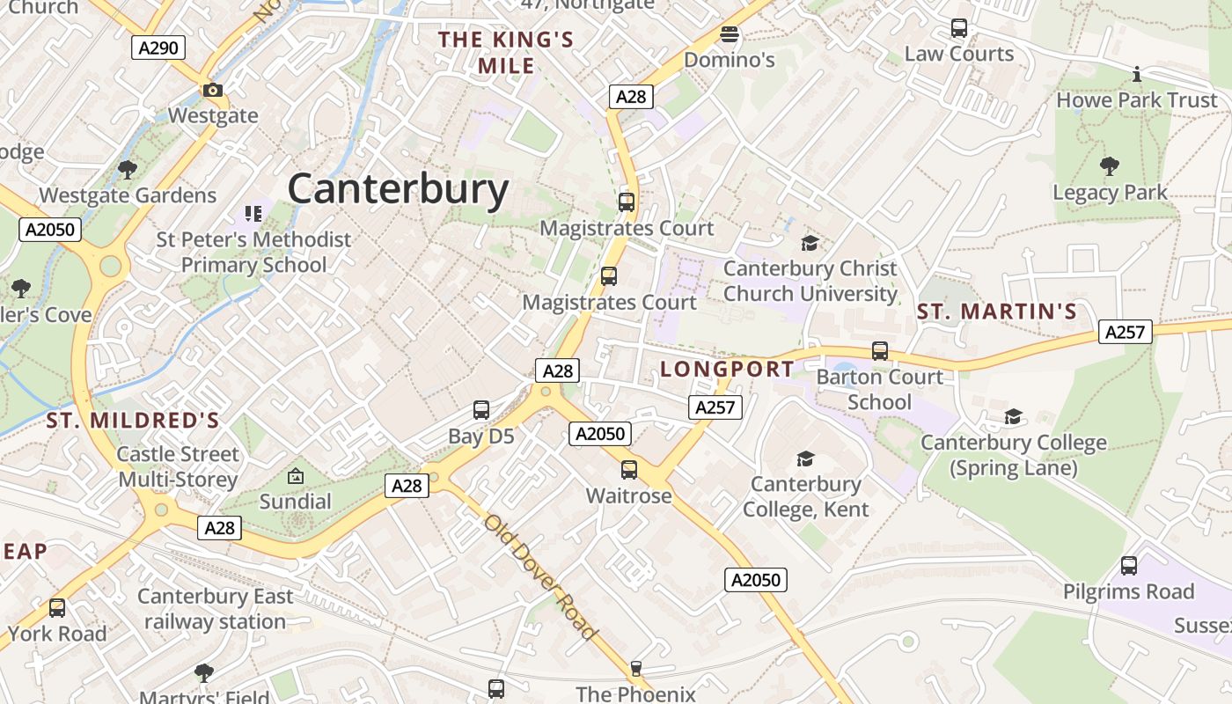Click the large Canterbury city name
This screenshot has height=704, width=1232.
coord(398,188)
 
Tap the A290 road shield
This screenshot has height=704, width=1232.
coord(158,48)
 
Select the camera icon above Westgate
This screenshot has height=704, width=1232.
coord(212,90)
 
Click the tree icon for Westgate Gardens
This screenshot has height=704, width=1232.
coord(128,168)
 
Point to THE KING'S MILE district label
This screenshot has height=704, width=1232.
coord(506,53)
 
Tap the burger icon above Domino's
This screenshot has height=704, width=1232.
coord(729,35)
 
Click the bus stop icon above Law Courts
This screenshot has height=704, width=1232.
coord(959,28)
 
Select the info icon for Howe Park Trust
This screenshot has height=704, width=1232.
coord(1136,74)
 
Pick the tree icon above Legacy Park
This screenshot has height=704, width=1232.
coord(1110,165)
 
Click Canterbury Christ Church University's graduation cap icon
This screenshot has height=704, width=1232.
coord(810,243)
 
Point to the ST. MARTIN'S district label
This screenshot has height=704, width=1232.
coord(997,312)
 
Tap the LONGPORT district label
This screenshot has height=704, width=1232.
coord(727,369)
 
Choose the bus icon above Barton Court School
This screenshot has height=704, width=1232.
coord(879,351)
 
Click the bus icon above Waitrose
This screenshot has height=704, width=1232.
coord(628,470)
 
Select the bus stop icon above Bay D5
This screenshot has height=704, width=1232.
coord(480,410)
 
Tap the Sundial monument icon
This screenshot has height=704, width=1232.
coord(296,476)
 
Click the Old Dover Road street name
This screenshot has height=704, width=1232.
coord(540,576)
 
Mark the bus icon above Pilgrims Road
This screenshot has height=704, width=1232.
coord(1128,566)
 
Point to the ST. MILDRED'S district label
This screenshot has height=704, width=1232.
coord(132,421)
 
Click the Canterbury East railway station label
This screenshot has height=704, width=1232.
coord(215,609)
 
